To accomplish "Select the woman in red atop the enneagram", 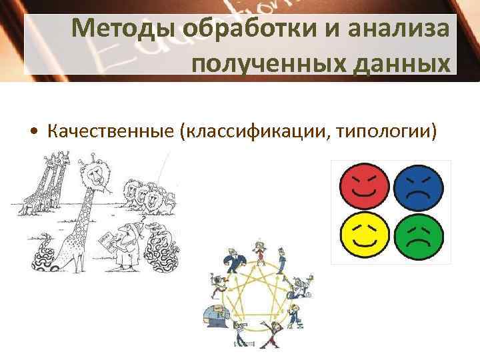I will (260, 253).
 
